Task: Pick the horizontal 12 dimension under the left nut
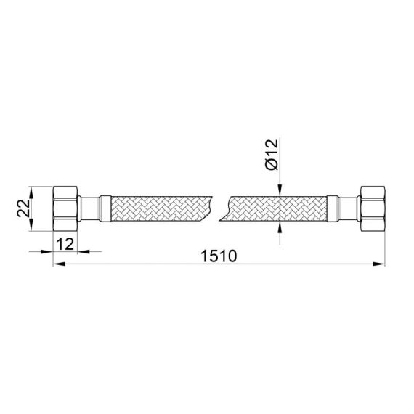tap(65, 243)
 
